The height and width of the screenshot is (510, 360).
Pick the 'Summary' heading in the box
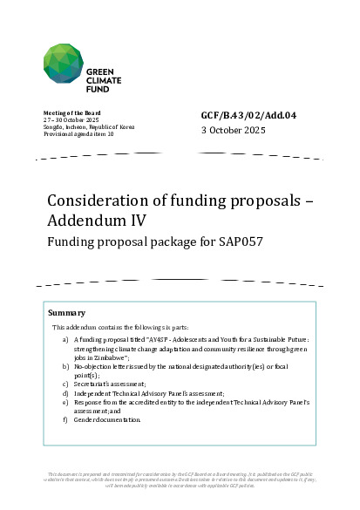click(x=68, y=312)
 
